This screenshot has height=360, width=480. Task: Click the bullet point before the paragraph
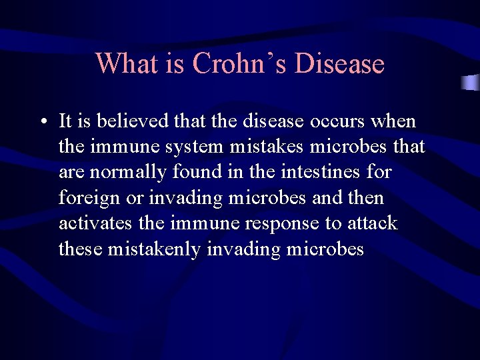pyautogui.click(x=42, y=123)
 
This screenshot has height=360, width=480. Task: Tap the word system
pyautogui.click(x=196, y=147)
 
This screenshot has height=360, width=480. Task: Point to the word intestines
pyautogui.click(x=319, y=173)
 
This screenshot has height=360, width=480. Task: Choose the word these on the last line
pyautogui.click(x=79, y=249)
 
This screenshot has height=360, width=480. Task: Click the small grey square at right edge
pyautogui.click(x=471, y=83)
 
